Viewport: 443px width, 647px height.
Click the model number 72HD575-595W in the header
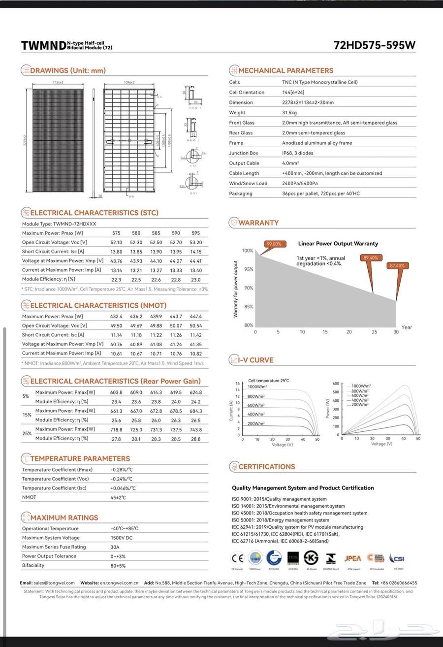point(374,45)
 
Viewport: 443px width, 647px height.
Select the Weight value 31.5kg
point(289,113)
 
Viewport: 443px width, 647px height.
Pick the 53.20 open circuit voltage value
point(195,242)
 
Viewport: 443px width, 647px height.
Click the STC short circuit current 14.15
point(195,252)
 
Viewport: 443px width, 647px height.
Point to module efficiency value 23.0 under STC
point(195,280)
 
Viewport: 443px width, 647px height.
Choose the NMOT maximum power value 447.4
point(195,317)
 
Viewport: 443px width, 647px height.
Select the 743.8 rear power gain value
point(195,430)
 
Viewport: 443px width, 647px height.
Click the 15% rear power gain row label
point(27,415)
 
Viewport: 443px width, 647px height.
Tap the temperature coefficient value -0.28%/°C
point(122,470)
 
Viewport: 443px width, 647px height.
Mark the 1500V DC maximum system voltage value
point(122,538)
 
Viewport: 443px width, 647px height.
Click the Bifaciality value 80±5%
point(118,566)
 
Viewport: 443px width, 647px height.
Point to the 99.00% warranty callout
point(273,244)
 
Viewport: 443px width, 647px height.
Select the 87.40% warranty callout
point(397,266)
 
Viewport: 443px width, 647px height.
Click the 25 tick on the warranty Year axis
point(374,332)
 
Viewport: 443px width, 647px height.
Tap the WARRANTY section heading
point(258,223)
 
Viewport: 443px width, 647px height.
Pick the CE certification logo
point(238,558)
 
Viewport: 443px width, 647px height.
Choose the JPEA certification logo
point(352,558)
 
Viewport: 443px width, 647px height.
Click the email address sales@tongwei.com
point(54,583)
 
